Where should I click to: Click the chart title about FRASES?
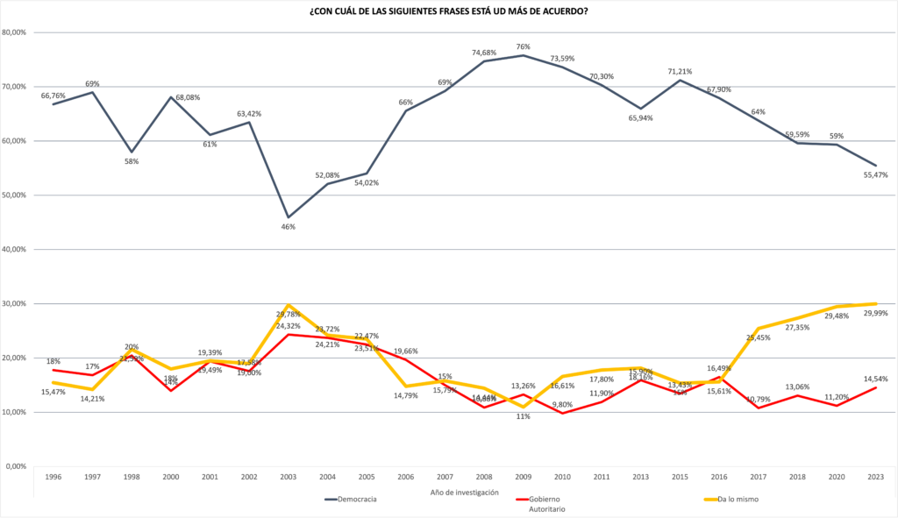(448, 11)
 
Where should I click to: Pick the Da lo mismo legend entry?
(738, 500)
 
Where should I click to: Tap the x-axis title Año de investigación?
(464, 492)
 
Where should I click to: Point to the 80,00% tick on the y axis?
(18, 32)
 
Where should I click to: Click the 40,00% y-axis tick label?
(18, 250)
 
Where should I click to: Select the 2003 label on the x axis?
(288, 476)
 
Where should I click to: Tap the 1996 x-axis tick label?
(53, 476)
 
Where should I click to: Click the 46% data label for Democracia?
(288, 227)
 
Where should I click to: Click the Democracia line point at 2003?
(288, 216)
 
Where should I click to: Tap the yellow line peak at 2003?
(288, 305)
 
